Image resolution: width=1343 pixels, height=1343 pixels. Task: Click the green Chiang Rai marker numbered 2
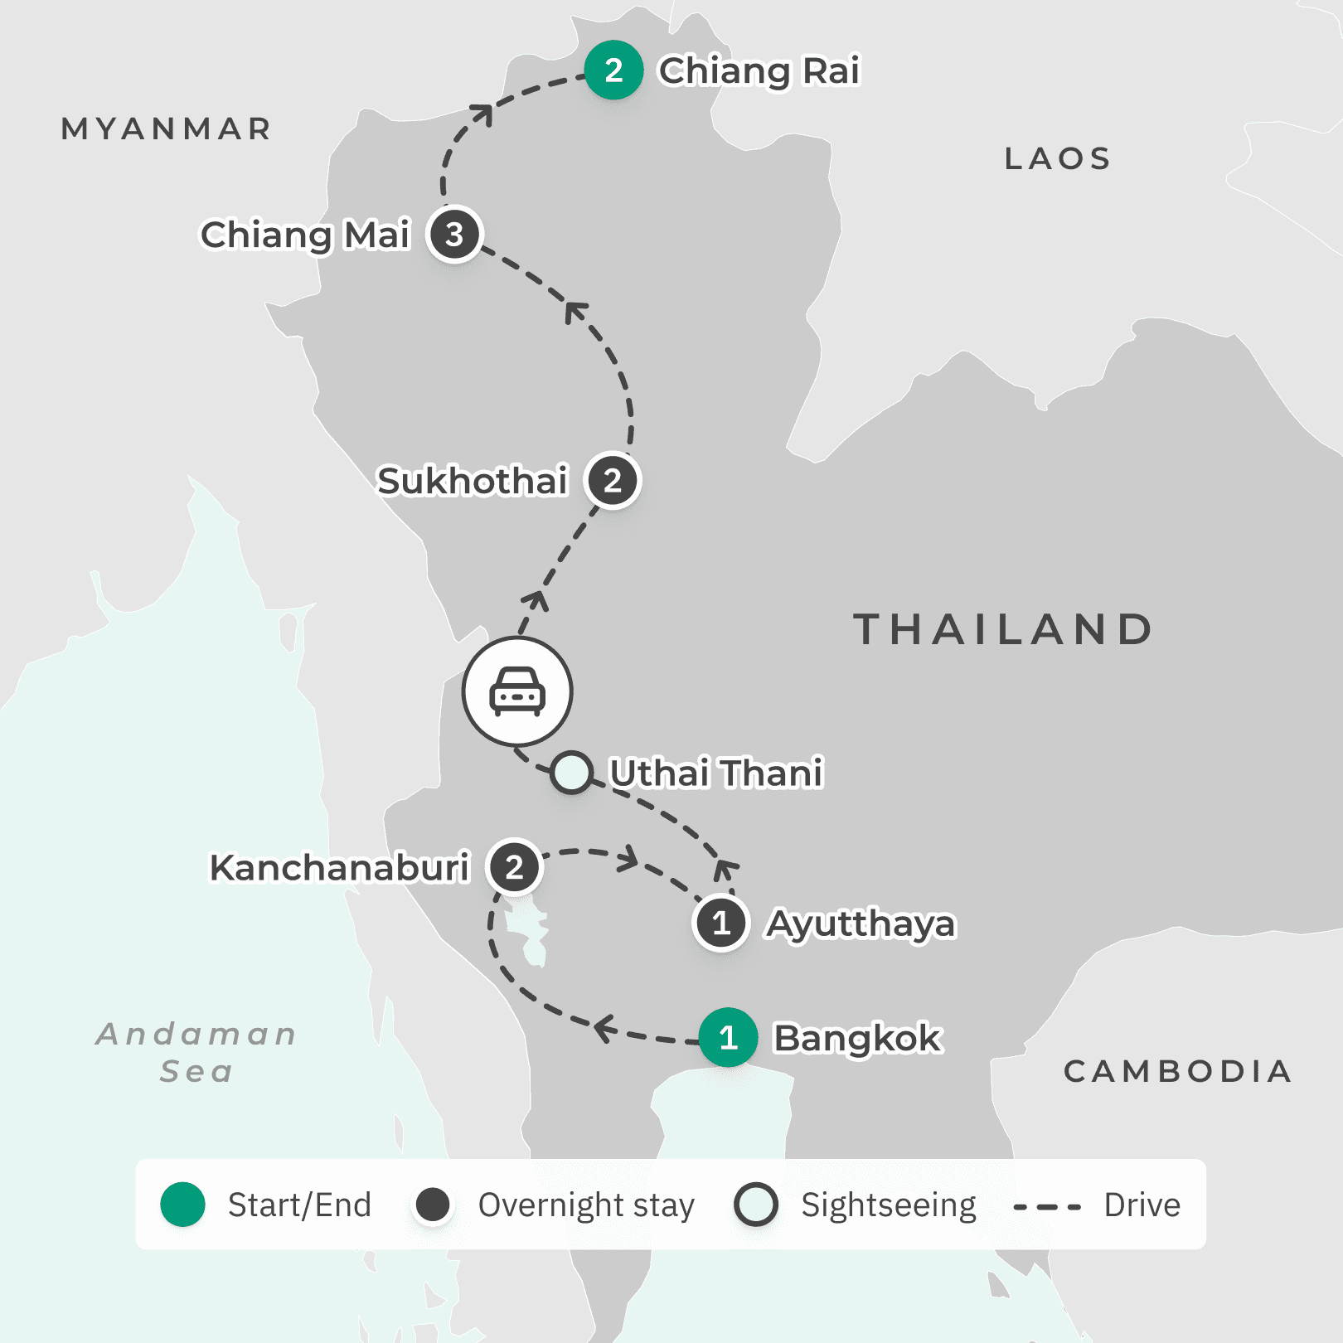pyautogui.click(x=613, y=70)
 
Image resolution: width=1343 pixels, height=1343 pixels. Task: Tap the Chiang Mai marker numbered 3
pyautogui.click(x=454, y=235)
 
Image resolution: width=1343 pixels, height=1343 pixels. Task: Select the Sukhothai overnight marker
pyautogui.click(x=612, y=481)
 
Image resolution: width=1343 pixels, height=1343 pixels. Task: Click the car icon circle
pyautogui.click(x=517, y=691)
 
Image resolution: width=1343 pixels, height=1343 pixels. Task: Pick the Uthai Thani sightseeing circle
pyautogui.click(x=571, y=773)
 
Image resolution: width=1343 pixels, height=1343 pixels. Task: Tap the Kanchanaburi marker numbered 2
pyautogui.click(x=514, y=867)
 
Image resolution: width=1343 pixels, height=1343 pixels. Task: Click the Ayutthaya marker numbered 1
pyautogui.click(x=721, y=923)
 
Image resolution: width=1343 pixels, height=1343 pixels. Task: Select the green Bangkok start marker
pyautogui.click(x=728, y=1037)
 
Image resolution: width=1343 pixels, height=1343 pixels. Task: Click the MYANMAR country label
pyautogui.click(x=167, y=129)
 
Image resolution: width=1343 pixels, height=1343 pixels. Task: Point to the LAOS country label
pyautogui.click(x=1058, y=158)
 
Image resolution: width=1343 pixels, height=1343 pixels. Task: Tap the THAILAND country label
pyautogui.click(x=1003, y=629)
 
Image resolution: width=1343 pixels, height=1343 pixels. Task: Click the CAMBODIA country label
pyautogui.click(x=1177, y=1071)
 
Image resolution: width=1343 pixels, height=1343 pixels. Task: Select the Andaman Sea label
pyautogui.click(x=196, y=1052)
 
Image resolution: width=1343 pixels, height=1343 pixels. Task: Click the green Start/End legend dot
pyautogui.click(x=182, y=1205)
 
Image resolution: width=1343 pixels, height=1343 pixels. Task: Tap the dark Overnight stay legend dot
pyautogui.click(x=433, y=1205)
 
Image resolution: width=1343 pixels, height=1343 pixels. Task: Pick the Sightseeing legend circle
pyautogui.click(x=755, y=1205)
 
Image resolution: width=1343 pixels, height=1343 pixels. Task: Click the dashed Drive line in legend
pyautogui.click(x=1047, y=1206)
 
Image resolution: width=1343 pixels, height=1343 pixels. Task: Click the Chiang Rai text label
pyautogui.click(x=759, y=71)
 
